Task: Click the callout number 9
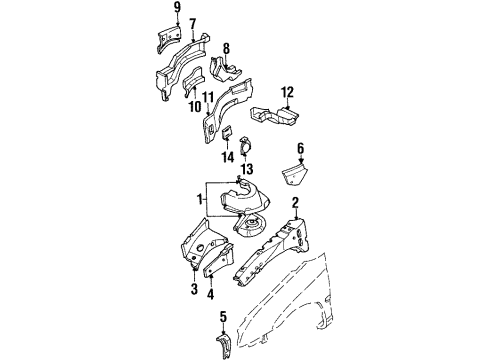pos(177,7)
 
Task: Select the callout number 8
pos(226,47)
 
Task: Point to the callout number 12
pos(287,93)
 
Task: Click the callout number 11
pos(209,97)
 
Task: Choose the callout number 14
pos(228,155)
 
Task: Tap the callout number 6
pos(299,146)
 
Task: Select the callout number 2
pos(295,204)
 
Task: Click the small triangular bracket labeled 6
pos(298,177)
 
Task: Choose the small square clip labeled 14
pos(227,134)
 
